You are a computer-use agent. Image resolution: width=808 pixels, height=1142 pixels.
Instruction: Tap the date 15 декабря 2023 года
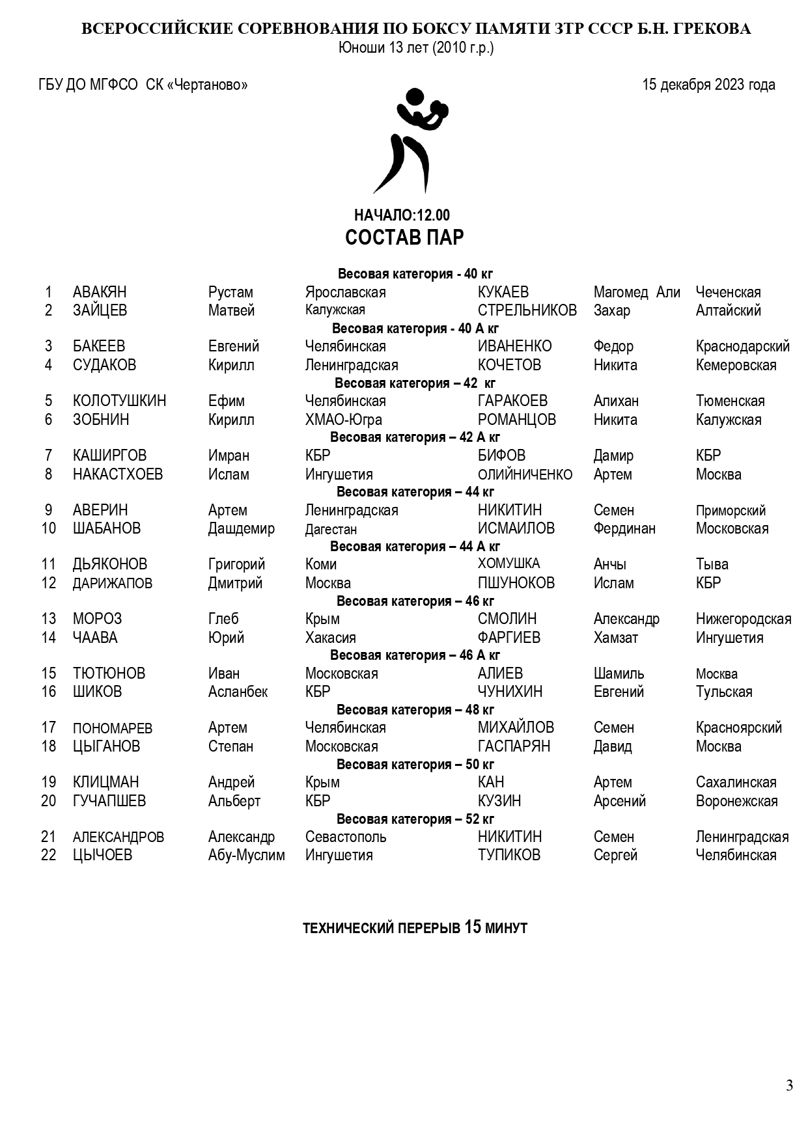(708, 85)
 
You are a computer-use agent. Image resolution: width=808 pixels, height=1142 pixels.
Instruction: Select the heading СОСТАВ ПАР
(404, 238)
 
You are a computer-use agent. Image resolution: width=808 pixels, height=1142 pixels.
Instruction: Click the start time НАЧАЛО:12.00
(402, 215)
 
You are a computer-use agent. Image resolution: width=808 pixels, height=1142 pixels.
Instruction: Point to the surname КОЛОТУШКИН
(119, 401)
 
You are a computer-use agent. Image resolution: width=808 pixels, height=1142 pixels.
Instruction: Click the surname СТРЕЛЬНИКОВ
(527, 310)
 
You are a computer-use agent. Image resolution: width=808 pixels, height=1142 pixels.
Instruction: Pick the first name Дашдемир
(241, 528)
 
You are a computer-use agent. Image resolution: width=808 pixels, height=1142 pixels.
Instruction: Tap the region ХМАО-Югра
(343, 420)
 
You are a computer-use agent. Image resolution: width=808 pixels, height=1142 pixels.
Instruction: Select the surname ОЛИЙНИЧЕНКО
(525, 474)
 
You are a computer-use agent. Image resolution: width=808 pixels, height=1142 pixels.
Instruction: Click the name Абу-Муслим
(246, 855)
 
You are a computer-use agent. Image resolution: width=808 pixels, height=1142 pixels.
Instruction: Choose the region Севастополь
(345, 837)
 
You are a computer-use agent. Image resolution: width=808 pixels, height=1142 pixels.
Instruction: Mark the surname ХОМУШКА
(508, 564)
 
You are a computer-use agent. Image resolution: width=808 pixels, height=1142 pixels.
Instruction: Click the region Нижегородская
(743, 619)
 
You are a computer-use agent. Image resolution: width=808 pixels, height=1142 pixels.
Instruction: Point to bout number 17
(49, 727)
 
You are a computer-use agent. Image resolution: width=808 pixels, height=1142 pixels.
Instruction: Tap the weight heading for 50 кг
(415, 764)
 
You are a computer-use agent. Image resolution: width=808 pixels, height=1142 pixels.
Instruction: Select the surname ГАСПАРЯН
(514, 746)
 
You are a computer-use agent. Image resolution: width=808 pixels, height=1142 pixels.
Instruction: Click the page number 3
(789, 1085)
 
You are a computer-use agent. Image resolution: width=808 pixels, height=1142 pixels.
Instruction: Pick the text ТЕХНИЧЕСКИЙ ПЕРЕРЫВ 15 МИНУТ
(415, 928)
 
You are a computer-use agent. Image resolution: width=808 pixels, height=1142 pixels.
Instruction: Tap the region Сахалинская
(736, 782)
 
